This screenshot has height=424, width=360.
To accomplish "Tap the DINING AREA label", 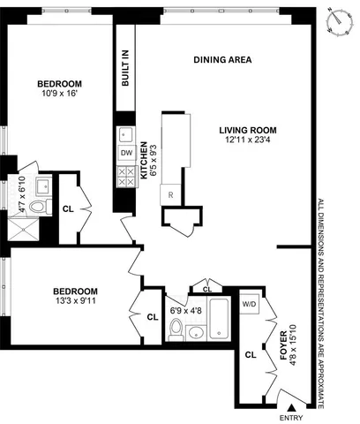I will click(x=223, y=60).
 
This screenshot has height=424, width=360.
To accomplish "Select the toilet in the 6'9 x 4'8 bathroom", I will click(x=176, y=330).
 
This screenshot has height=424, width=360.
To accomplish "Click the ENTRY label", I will click(x=290, y=416).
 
